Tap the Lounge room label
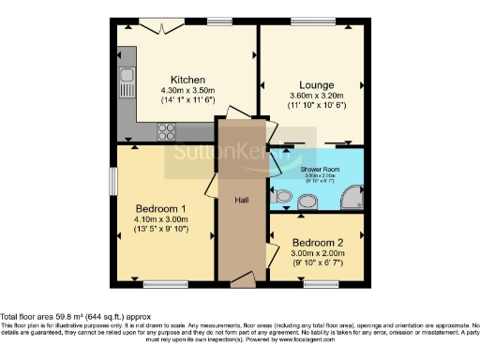[317, 83]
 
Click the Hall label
[241, 199]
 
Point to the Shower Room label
[317, 169]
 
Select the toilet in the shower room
[283, 197]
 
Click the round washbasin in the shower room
[307, 201]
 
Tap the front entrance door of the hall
[242, 277]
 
